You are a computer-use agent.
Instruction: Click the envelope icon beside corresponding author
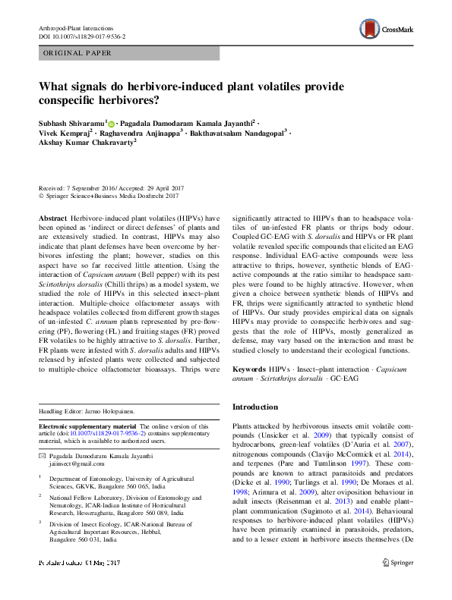(x=42, y=455)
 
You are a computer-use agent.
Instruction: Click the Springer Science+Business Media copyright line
(x=108, y=196)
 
